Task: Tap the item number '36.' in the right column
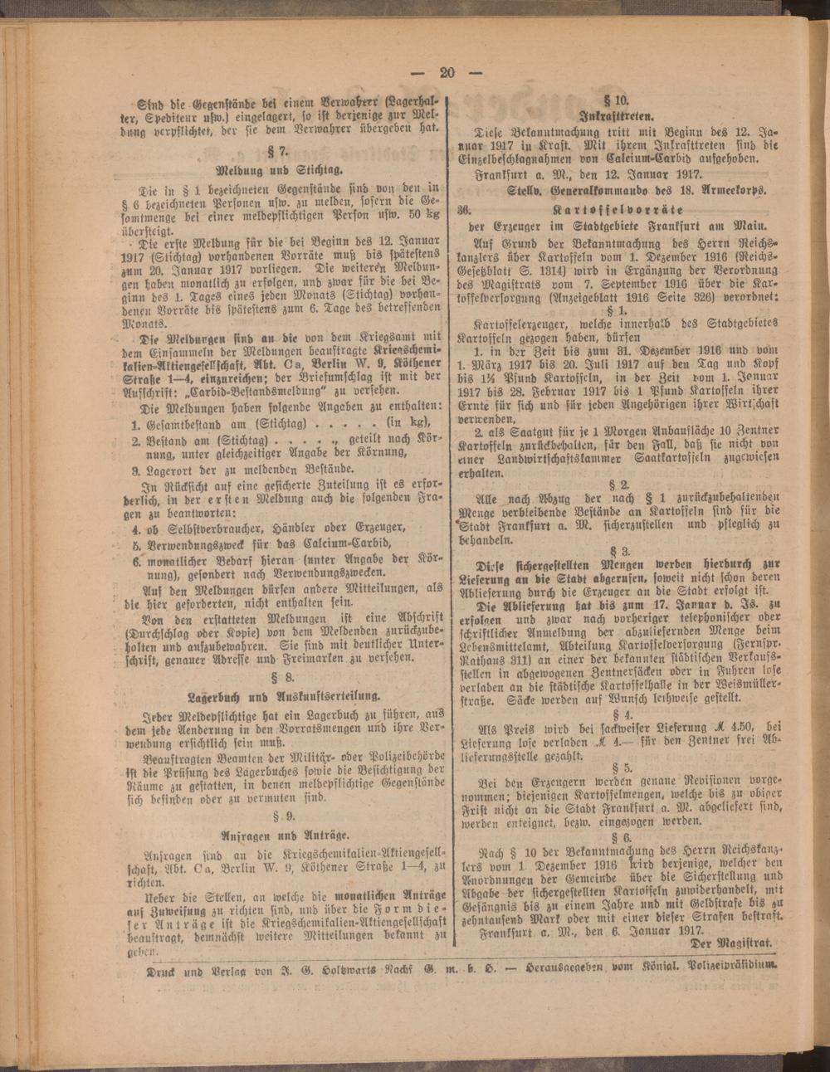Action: click(x=465, y=209)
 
